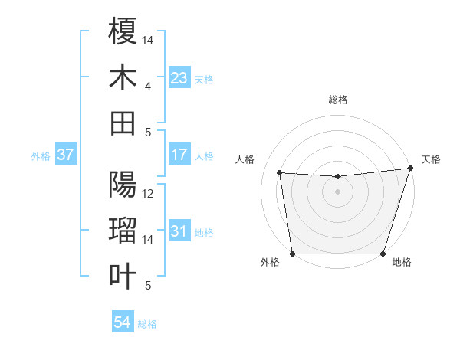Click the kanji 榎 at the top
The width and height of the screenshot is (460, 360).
tap(123, 31)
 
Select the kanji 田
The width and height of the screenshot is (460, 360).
tap(123, 123)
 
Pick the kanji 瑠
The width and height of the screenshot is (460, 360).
tap(123, 230)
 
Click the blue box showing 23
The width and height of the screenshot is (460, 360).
tap(179, 78)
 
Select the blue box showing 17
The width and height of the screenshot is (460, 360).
tap(179, 155)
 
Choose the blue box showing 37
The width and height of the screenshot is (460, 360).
tap(66, 155)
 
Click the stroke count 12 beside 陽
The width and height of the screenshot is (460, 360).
tap(148, 194)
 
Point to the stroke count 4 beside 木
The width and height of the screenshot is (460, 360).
tap(148, 87)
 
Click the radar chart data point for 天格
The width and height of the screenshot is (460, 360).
tap(410, 169)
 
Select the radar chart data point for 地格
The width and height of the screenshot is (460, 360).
tap(383, 254)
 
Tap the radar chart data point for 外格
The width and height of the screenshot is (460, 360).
tap(292, 254)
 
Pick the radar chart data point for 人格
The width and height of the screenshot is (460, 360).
tap(280, 173)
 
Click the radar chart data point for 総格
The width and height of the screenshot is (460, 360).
tap(337, 177)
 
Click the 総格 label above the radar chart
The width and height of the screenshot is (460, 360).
tap(337, 100)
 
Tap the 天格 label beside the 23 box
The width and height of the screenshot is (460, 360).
tap(204, 79)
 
